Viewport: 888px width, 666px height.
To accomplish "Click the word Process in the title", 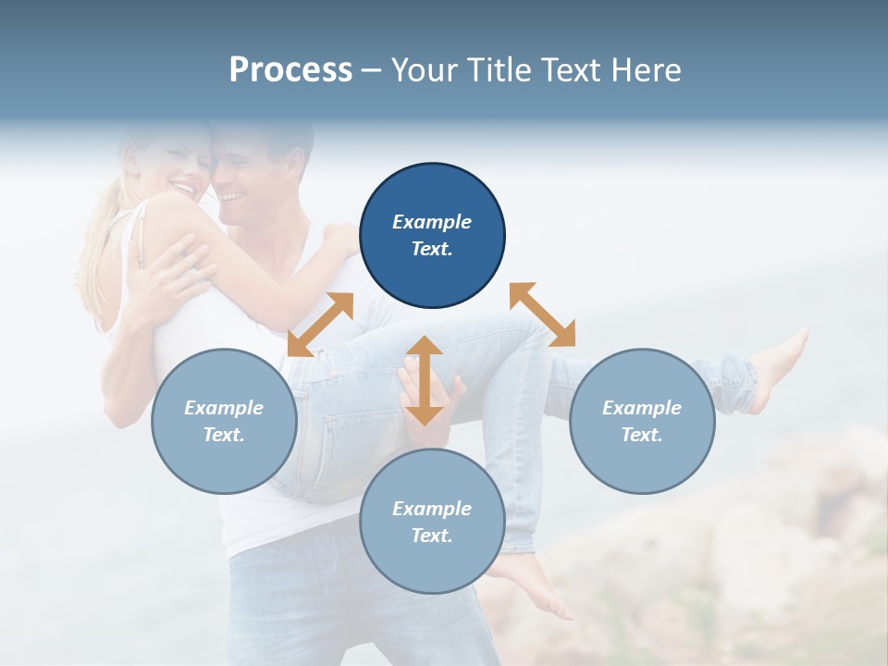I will [290, 70].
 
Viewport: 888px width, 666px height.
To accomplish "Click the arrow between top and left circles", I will [321, 324].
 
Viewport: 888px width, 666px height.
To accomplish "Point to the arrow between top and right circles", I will [543, 314].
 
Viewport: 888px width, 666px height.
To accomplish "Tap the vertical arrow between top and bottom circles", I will [425, 380].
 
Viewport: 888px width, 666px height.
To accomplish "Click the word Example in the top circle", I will [432, 222].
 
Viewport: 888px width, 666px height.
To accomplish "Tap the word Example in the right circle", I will [642, 408].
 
